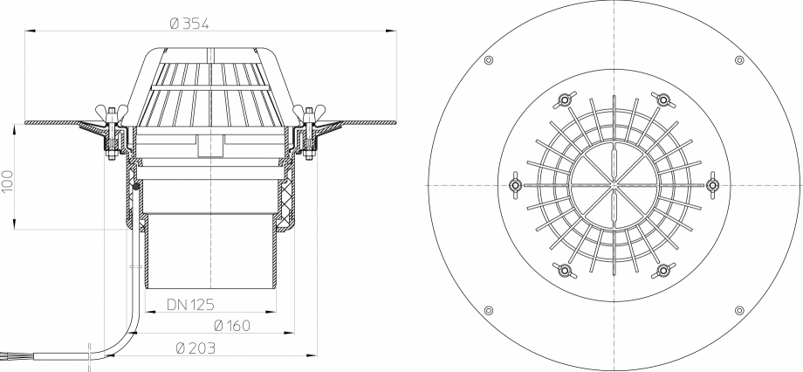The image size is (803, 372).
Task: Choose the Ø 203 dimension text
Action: [x=196, y=348]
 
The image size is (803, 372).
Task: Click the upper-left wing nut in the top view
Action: [x=564, y=100]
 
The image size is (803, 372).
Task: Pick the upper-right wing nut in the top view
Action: [x=663, y=100]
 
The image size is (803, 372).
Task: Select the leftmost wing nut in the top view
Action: [x=514, y=185]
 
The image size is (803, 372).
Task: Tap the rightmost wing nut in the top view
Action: [x=713, y=185]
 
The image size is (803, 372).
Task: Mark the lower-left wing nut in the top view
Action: [x=564, y=271]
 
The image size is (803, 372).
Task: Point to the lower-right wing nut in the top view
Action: [x=663, y=271]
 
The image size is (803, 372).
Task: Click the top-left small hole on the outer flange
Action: [x=488, y=59]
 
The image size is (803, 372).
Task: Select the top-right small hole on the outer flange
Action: [x=739, y=59]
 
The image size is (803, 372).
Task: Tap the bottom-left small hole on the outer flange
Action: [x=488, y=311]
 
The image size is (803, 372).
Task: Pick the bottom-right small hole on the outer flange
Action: [x=739, y=311]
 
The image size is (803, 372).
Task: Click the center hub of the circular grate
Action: [x=614, y=185]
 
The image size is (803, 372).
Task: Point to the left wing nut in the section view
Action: [x=112, y=113]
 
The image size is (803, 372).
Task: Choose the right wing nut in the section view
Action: [x=309, y=113]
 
